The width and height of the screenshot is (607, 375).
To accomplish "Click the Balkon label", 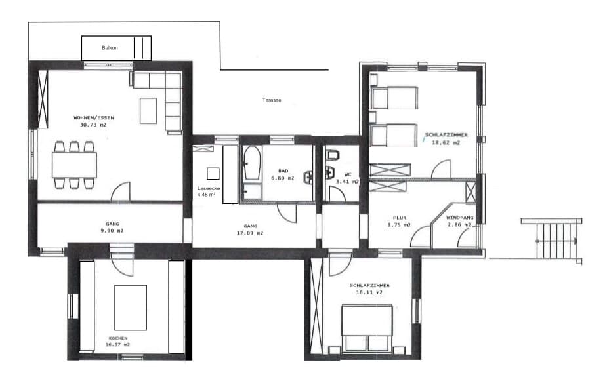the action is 110,48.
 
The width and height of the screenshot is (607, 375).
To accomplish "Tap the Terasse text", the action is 272,100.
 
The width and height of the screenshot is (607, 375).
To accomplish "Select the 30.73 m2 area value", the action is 93,125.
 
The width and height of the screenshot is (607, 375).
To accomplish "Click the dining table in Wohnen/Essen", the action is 74,165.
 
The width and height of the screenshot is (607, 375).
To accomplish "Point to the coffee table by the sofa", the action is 148,111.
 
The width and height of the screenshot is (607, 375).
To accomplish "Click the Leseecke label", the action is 209,188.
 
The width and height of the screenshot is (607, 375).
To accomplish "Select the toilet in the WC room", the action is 333,155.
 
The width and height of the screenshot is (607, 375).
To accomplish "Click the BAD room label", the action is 283,171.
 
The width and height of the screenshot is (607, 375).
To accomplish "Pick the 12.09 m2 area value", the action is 250,233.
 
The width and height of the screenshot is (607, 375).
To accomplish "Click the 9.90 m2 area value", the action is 112,231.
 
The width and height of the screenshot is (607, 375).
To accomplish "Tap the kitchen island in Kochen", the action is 131,307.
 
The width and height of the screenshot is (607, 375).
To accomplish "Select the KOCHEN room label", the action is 118,338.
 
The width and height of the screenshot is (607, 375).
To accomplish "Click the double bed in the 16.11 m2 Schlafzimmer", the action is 367,328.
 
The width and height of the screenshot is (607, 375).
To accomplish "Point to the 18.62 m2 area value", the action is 446,142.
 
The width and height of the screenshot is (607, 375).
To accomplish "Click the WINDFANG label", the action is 460,218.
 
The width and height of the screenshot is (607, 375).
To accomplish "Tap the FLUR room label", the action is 400,218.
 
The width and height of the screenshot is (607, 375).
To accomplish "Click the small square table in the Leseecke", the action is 213,174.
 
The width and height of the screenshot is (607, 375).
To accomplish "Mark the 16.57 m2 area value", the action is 117,344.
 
